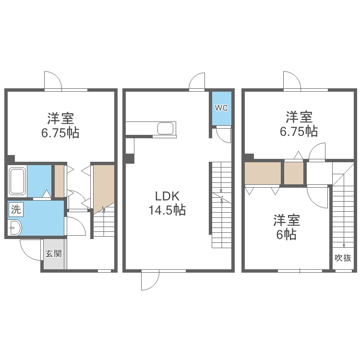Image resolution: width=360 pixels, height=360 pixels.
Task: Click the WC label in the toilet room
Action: point(221,108)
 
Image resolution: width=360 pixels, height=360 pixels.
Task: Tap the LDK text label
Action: point(167,196)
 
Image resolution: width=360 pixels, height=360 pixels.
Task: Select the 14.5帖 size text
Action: point(167,210)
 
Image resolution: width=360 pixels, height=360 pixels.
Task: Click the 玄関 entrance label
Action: point(53,254)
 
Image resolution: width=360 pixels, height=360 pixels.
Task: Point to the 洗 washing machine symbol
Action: point(16,209)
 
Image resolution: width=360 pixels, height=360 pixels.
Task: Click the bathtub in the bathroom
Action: point(17,181)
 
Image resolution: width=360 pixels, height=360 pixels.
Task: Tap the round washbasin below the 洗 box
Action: point(15,228)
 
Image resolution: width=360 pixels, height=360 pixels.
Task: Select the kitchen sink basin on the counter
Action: point(165,128)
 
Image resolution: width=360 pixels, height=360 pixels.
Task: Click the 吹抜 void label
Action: point(343,258)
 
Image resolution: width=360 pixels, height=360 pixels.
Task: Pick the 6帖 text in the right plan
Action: point(286,234)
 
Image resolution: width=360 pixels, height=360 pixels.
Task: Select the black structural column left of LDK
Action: point(130,159)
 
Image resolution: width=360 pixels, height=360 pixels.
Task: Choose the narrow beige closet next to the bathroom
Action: point(59,181)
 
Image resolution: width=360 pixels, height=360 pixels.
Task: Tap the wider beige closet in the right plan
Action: point(263,173)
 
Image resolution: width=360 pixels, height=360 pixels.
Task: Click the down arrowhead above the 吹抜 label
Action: point(344,245)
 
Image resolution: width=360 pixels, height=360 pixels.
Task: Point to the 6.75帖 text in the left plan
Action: point(60,132)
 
